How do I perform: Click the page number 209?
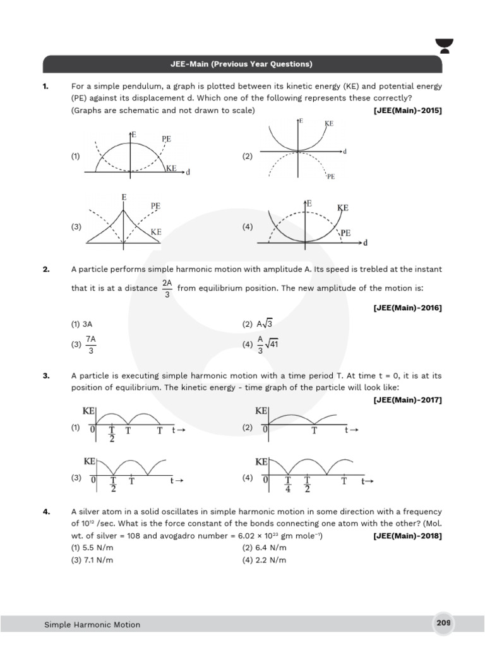tap(443, 623)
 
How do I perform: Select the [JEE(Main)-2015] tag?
tap(408, 111)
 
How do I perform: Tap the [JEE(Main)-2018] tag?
tap(408, 536)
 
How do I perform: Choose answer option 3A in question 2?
tap(87, 323)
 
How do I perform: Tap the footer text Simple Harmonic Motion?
tap(92, 625)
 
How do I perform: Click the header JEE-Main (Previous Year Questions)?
tap(242, 64)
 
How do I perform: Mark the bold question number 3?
tap(46, 376)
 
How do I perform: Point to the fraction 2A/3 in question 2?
tap(167, 289)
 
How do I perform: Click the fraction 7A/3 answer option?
tap(91, 344)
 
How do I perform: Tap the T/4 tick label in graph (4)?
tap(288, 485)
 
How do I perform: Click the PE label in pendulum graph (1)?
tap(167, 138)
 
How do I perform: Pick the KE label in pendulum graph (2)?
tap(329, 124)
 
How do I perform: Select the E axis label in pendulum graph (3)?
tap(124, 198)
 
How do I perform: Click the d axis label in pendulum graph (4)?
tap(366, 242)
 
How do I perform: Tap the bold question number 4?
tap(46, 511)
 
